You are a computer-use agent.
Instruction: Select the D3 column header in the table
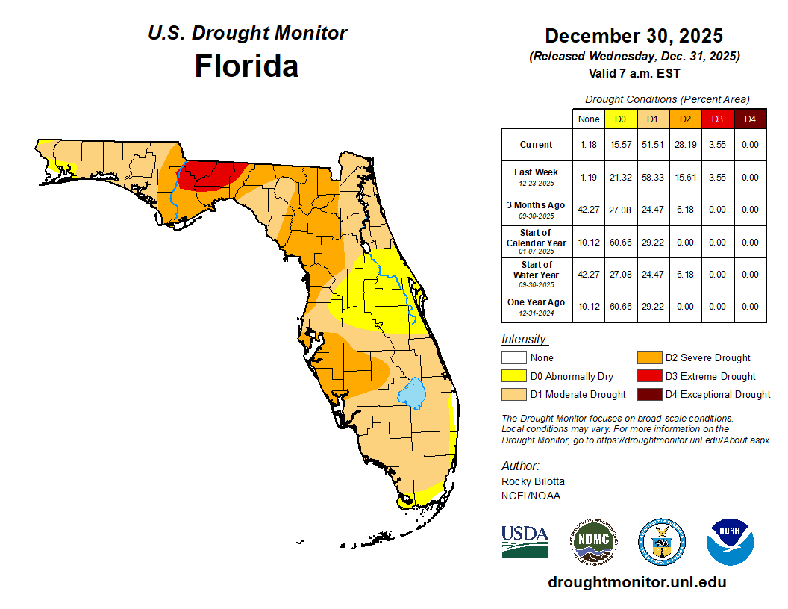[717, 119]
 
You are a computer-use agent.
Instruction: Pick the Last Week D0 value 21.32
[620, 178]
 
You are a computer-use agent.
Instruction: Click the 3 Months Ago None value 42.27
[589, 210]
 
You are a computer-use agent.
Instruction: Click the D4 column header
[750, 119]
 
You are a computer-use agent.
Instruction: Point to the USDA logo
[525, 541]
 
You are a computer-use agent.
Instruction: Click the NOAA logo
[730, 542]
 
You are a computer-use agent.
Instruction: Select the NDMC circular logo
[594, 541]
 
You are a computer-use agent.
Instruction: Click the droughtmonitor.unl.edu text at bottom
[637, 582]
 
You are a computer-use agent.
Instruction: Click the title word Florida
[246, 66]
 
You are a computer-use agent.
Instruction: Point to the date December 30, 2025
[634, 36]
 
